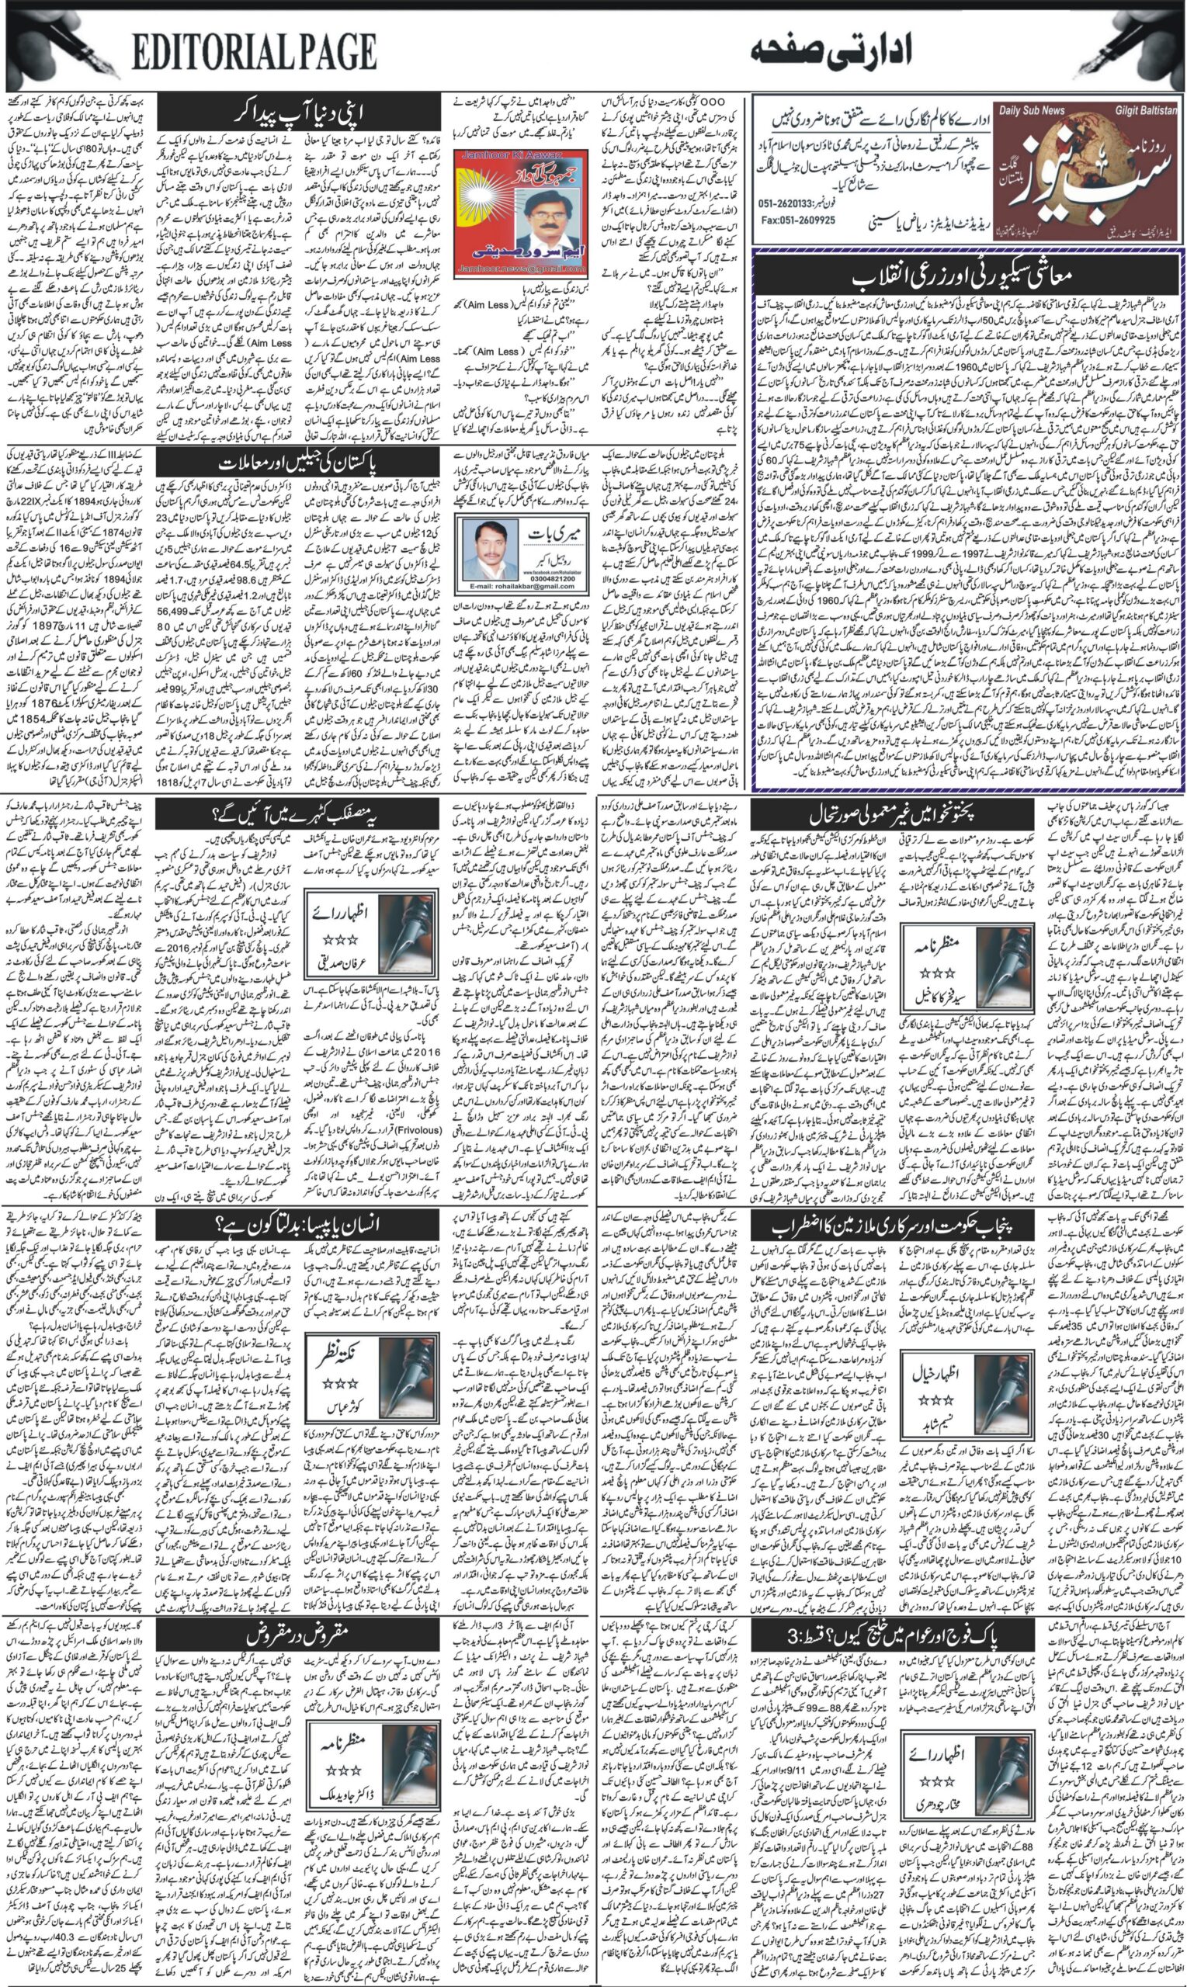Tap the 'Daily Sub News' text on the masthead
click(x=1031, y=110)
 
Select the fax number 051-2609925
click(x=798, y=220)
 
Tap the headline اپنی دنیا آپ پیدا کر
click(x=297, y=113)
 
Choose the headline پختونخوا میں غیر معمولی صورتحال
click(x=892, y=816)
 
